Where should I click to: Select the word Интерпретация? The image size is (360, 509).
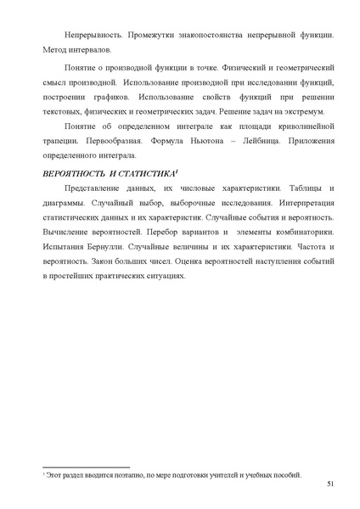click(300, 204)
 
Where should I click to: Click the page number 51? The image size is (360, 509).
click(329, 485)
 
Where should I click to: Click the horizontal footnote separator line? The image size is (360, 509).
click(85, 466)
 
